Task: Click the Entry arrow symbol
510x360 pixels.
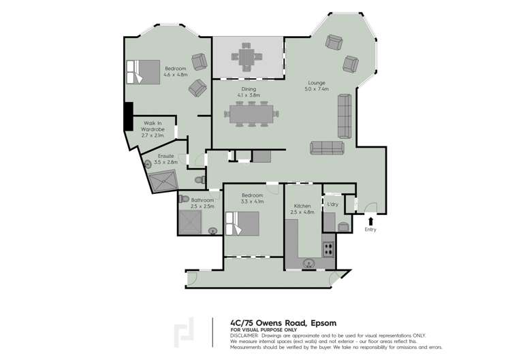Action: [370, 219]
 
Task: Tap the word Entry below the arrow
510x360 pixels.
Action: [370, 229]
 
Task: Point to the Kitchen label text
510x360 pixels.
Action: [302, 209]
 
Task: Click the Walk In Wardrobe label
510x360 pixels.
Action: [153, 129]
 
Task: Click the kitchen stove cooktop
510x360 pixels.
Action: [328, 248]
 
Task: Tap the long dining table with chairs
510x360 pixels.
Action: [252, 114]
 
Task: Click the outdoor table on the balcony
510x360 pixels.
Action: [246, 54]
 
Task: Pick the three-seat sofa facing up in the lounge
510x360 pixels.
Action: [327, 148]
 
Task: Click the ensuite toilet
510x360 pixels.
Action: [200, 180]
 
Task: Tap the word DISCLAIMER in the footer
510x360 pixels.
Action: [244, 336]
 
